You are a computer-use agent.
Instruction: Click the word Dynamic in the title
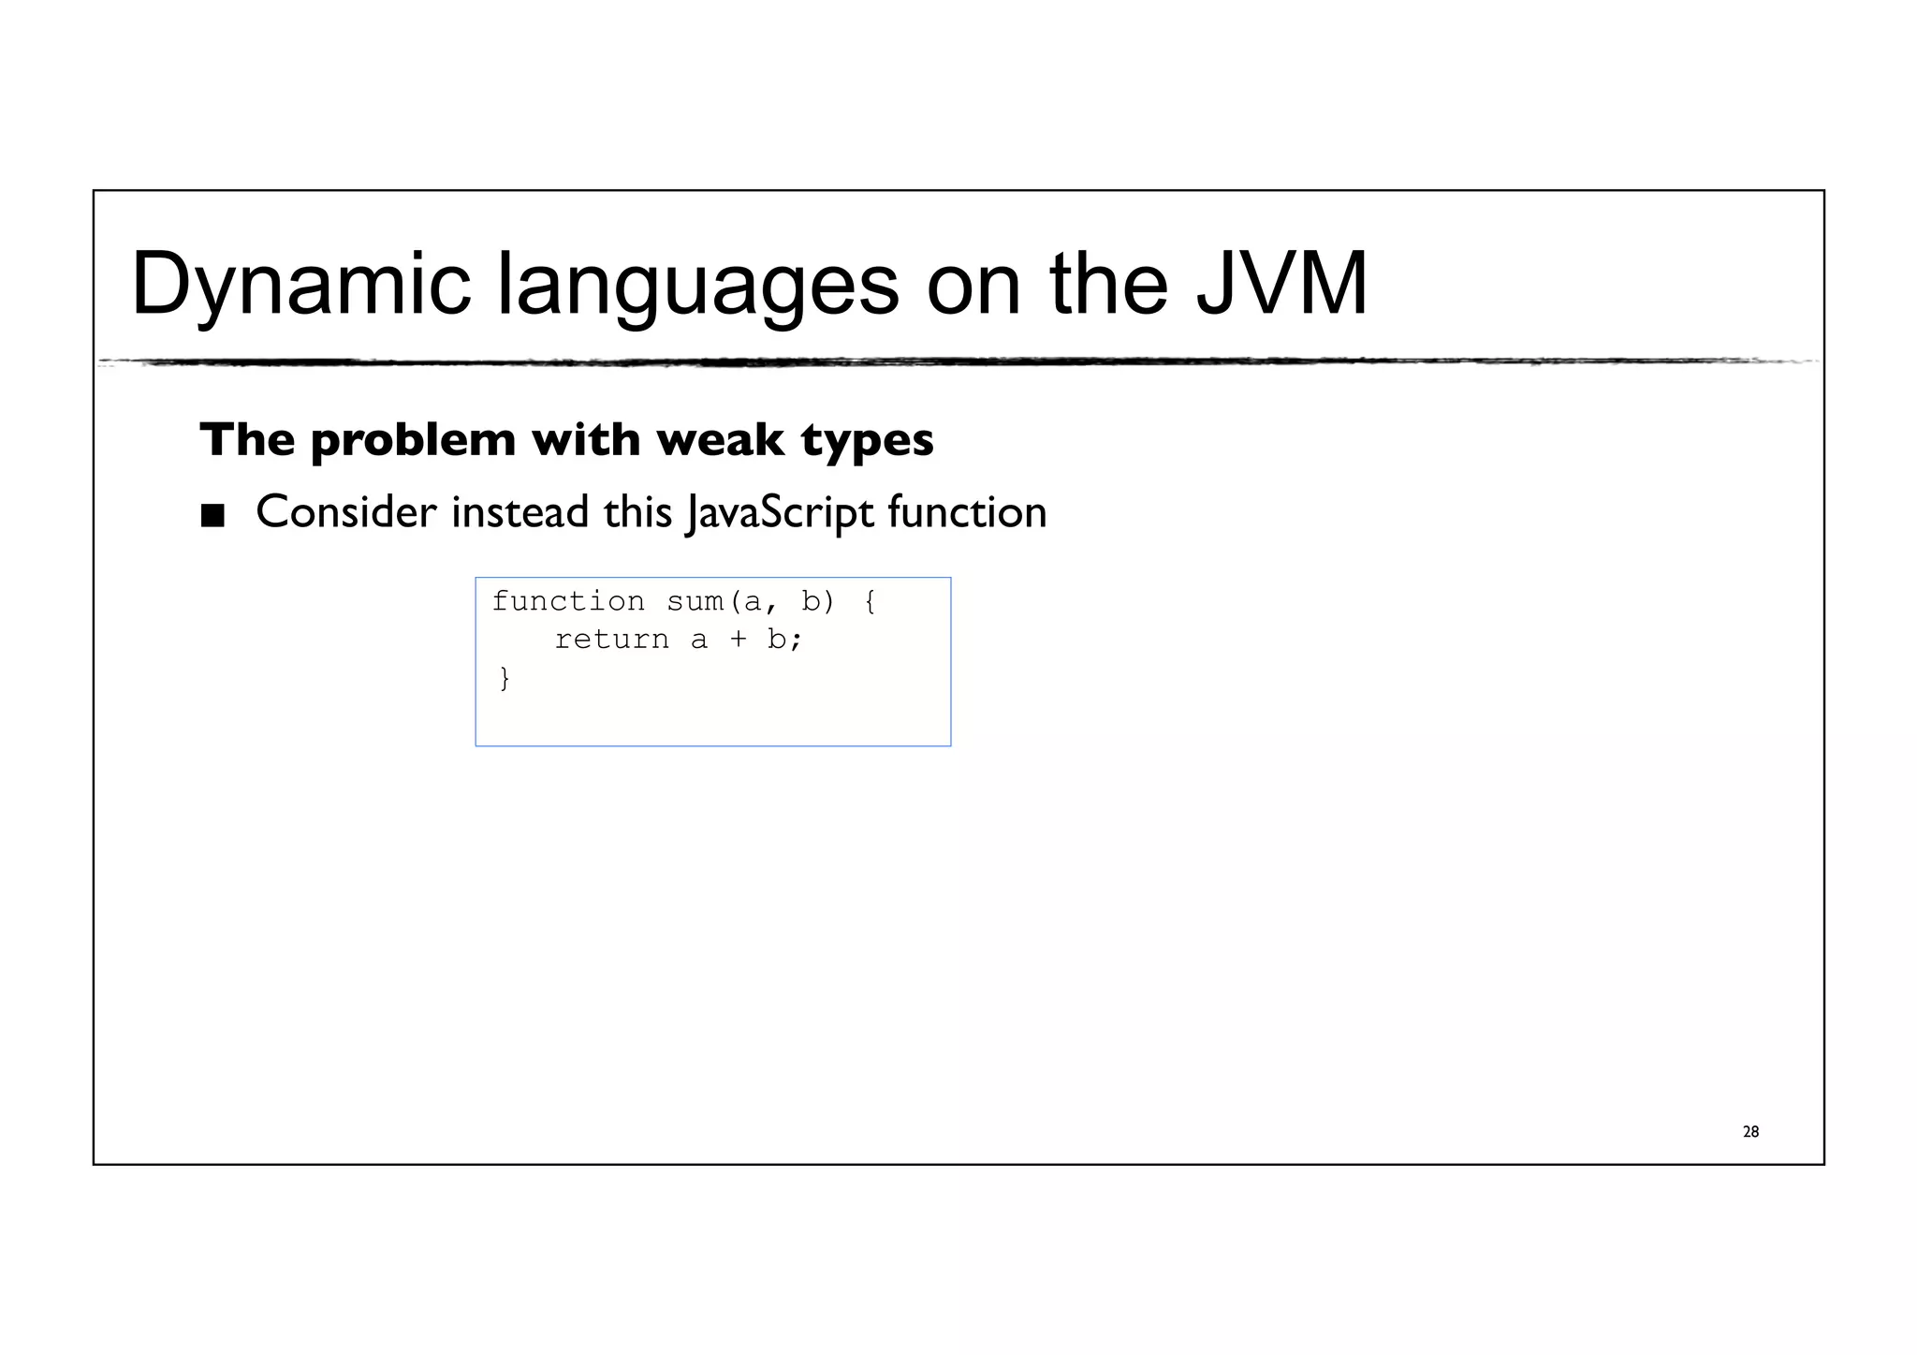click(x=301, y=285)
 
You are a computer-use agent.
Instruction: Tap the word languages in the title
click(x=697, y=285)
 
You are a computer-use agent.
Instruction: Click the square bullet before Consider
click(x=213, y=515)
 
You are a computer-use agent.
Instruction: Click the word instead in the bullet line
click(x=519, y=512)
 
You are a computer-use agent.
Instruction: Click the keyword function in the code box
click(x=568, y=601)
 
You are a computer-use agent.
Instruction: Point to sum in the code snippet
click(x=695, y=601)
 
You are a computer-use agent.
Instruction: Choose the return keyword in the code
click(x=612, y=640)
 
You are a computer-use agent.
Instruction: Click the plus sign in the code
click(x=739, y=640)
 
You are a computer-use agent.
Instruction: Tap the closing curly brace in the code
click(x=505, y=677)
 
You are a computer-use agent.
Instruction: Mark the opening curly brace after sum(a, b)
click(x=871, y=601)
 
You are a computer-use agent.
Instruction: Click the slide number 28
click(x=1750, y=1132)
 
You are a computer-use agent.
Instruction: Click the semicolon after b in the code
click(x=797, y=641)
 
